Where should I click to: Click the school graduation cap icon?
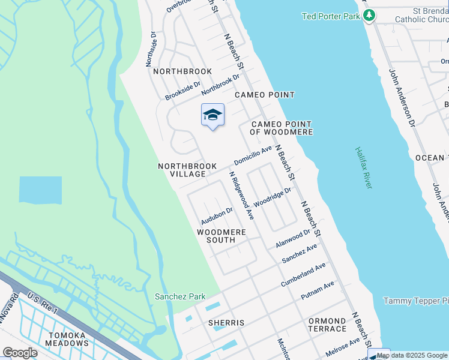(x=212, y=115)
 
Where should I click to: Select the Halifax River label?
(x=364, y=168)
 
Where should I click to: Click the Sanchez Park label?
(x=180, y=296)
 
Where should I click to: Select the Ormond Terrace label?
(x=327, y=325)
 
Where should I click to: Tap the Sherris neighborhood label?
(x=226, y=323)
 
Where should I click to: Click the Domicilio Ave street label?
(x=253, y=156)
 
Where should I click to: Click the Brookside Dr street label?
(x=182, y=92)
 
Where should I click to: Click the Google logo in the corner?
(x=20, y=352)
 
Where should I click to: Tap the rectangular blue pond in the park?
(x=40, y=190)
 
